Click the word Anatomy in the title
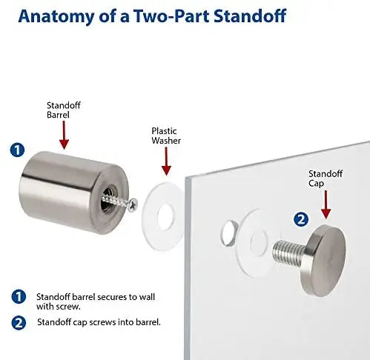pyautogui.click(x=56, y=16)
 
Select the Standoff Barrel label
pyautogui.click(x=64, y=110)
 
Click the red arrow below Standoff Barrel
pyautogui.click(x=64, y=135)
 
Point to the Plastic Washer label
pyautogui.click(x=166, y=136)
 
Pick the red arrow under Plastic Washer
pyautogui.click(x=166, y=161)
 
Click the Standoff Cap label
pyautogui.click(x=326, y=179)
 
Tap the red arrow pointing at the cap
pyautogui.click(x=326, y=204)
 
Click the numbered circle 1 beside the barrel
pyautogui.click(x=17, y=150)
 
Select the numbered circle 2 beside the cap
pyautogui.click(x=301, y=219)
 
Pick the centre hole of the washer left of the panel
pyautogui.click(x=165, y=216)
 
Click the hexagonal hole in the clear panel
pyautogui.click(x=228, y=233)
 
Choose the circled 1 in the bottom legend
pyautogui.click(x=19, y=296)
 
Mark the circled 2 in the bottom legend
pyautogui.click(x=19, y=322)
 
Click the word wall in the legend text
pyautogui.click(x=147, y=296)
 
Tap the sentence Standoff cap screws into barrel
pyautogui.click(x=99, y=322)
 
